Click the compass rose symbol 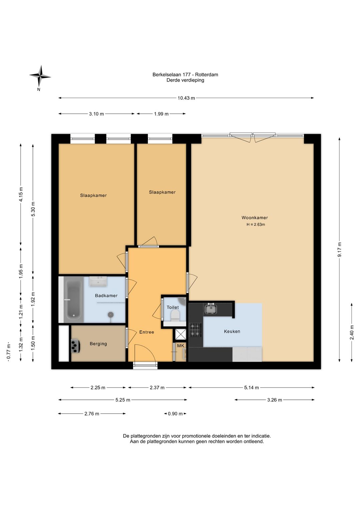pos(40,77)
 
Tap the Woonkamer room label pos(255,218)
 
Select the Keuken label pos(232,332)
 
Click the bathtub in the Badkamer pos(74,299)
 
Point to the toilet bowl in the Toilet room pos(175,316)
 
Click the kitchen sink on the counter pos(211,309)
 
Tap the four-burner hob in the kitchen pos(195,330)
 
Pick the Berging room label pos(98,344)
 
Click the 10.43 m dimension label pos(186,98)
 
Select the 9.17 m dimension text pos(340,249)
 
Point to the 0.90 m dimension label pos(175,414)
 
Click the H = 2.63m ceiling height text pos(256,224)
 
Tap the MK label pos(181,346)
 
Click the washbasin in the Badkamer pos(98,282)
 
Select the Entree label pos(146,332)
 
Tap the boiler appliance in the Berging pos(75,346)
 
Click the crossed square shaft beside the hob pos(181,334)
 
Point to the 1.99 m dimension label pos(161,114)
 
